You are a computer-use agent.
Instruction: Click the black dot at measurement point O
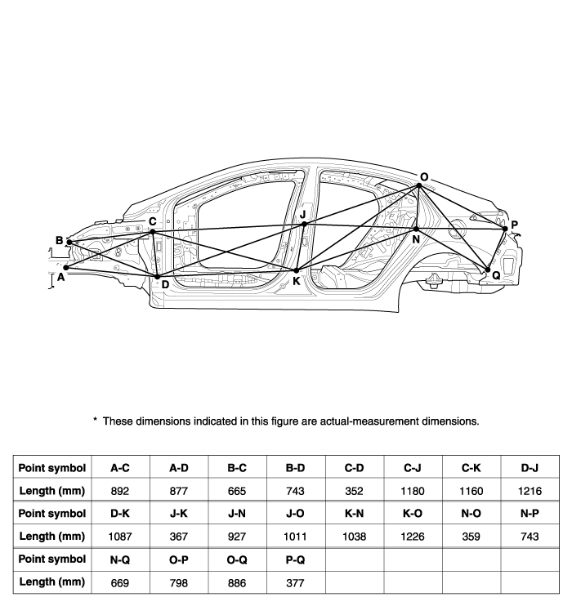419,185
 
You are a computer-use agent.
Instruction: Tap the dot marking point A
66,268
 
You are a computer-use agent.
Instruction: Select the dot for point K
296,270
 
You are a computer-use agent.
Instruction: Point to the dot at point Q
488,270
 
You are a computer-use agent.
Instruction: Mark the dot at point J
304,225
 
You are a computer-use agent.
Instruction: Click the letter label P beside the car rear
514,225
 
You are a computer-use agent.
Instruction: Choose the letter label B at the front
59,240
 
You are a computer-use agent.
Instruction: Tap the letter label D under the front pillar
165,285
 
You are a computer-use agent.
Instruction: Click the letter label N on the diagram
416,239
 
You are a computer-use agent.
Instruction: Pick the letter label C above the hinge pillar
153,221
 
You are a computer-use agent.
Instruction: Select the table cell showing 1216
530,491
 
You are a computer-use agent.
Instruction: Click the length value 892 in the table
120,491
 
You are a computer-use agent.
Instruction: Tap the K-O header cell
413,514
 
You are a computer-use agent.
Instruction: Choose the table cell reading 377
296,583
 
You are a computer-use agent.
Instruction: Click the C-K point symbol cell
471,468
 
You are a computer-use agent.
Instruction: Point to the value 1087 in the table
120,537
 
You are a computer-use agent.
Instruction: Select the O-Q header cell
237,559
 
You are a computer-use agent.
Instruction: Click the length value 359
471,537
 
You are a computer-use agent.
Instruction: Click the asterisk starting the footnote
95,420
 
